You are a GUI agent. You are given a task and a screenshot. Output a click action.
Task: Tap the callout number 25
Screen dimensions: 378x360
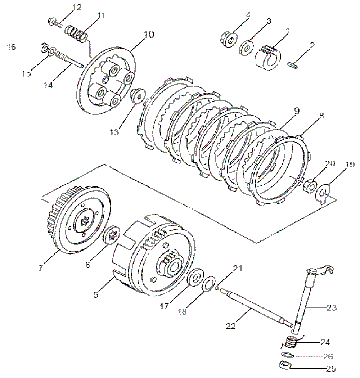tap(331, 369)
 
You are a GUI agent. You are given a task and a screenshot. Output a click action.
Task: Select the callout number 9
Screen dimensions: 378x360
tap(296, 111)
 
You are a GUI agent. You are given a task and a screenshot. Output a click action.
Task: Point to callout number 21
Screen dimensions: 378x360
tap(237, 268)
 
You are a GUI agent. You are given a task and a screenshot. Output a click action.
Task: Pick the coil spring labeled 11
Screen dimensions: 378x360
tap(76, 32)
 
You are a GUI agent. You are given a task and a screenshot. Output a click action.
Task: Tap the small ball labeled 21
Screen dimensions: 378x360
tap(217, 287)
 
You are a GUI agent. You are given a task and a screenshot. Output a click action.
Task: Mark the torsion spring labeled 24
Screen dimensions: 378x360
tap(291, 342)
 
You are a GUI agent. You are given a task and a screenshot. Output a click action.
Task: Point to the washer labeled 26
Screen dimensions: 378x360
tap(286, 355)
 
